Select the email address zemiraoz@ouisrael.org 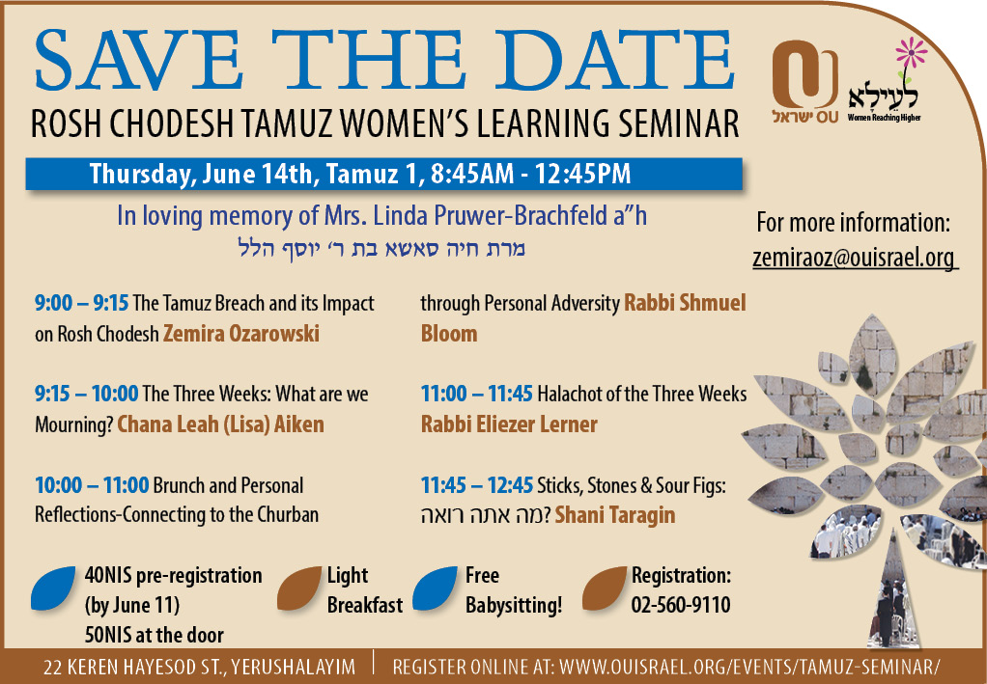854,258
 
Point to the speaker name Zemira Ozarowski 241,333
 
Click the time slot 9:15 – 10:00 86,395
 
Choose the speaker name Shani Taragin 615,515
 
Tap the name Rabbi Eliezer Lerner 509,424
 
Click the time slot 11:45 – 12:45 476,485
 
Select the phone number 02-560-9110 681,605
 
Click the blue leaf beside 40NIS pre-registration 53,588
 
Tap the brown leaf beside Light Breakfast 299,588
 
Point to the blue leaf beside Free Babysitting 435,588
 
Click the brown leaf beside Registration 605,588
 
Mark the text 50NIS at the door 155,635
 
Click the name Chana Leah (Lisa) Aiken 221,424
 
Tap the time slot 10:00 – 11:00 92,485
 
